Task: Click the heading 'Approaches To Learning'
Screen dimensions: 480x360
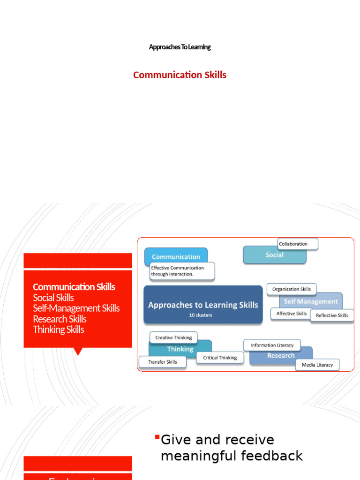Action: tap(180, 47)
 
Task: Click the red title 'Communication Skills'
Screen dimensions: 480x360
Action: tap(180, 75)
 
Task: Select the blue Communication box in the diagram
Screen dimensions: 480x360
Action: tap(176, 256)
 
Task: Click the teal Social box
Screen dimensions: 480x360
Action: tap(274, 255)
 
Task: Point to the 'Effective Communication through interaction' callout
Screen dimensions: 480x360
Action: tap(182, 271)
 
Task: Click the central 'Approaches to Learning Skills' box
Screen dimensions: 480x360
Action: tap(203, 305)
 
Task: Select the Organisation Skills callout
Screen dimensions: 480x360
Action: tap(292, 289)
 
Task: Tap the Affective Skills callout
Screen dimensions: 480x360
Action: tap(291, 314)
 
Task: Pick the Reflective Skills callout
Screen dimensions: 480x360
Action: tap(332, 315)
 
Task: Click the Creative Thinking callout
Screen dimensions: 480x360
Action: tap(173, 337)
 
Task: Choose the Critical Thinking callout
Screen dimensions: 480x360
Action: tap(220, 358)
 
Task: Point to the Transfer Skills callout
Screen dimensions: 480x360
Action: tap(162, 362)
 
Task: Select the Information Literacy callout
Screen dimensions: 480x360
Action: tap(272, 345)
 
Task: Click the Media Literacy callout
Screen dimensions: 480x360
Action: tap(317, 365)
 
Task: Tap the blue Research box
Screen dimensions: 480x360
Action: tap(281, 356)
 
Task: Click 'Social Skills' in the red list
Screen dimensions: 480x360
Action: tap(53, 298)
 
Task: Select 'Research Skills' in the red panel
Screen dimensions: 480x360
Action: tap(60, 319)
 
